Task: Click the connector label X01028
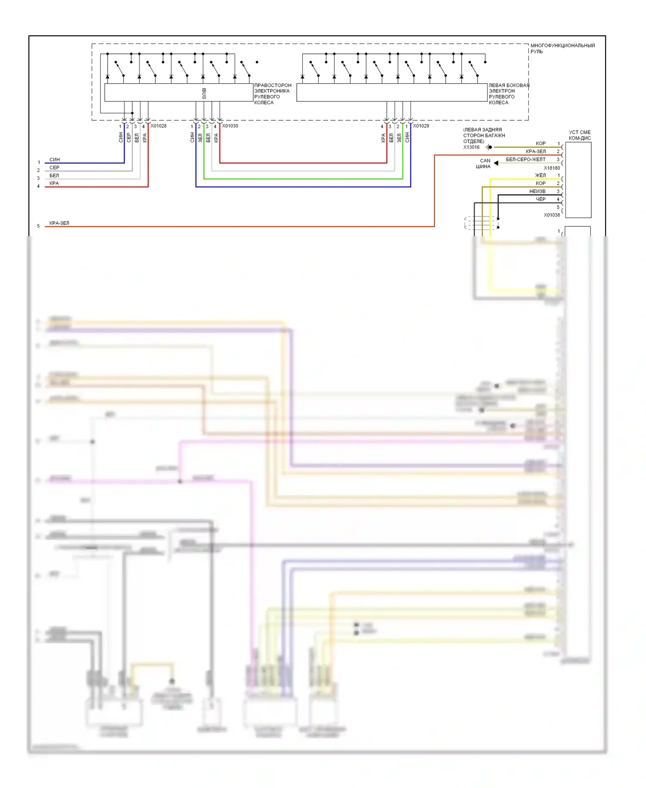click(x=158, y=126)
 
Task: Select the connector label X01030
click(x=230, y=126)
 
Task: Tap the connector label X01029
click(x=421, y=126)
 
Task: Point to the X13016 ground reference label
click(x=471, y=147)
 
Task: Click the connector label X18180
click(x=552, y=168)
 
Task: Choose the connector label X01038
click(x=552, y=215)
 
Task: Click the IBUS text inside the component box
click(x=204, y=93)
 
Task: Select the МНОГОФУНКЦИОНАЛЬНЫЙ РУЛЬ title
click(x=562, y=48)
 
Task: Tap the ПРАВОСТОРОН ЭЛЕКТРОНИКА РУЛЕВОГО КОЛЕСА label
click(x=272, y=94)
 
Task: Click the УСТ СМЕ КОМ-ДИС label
click(x=580, y=135)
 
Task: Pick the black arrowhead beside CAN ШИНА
click(x=496, y=163)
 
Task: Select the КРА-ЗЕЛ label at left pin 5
click(x=59, y=223)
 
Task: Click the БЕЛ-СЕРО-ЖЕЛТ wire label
click(x=525, y=159)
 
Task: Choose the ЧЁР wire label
click(x=540, y=199)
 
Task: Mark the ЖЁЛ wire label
click(x=540, y=175)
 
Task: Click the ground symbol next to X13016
click(x=488, y=147)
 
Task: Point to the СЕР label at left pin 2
click(x=54, y=168)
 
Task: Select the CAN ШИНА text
click(x=483, y=163)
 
